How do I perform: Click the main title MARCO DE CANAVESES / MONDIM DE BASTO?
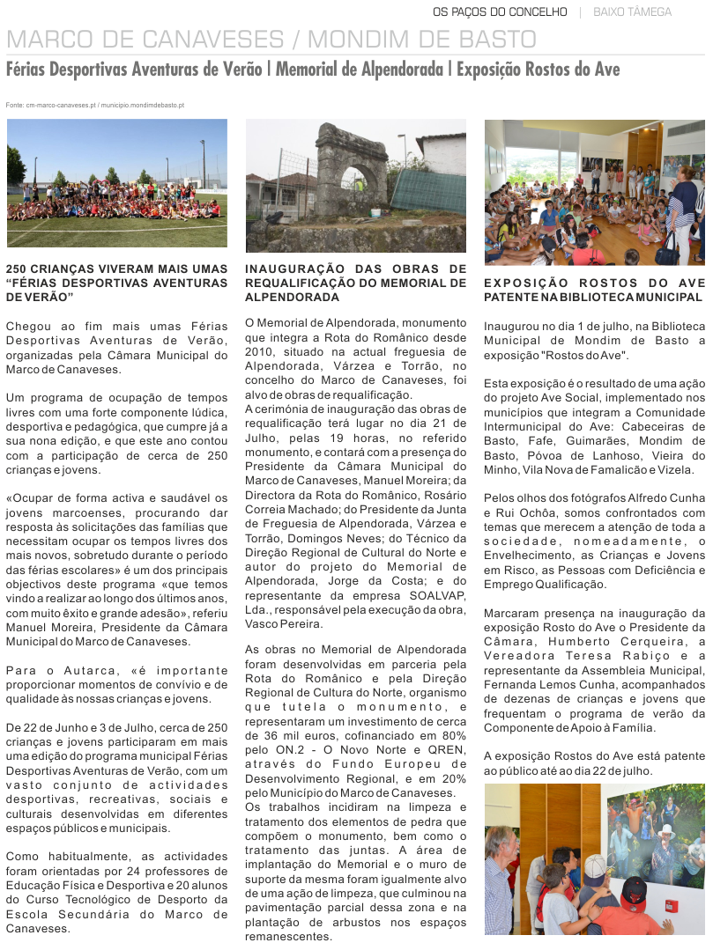pyautogui.click(x=271, y=39)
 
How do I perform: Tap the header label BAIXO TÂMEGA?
pyautogui.click(x=632, y=12)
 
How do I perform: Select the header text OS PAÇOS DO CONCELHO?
pyautogui.click(x=500, y=12)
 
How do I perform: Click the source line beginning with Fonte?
pyautogui.click(x=94, y=105)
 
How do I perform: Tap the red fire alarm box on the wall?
pyautogui.click(x=670, y=906)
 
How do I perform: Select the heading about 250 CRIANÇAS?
pyautogui.click(x=116, y=283)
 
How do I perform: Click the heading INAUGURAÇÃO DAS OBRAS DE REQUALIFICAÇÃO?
pyautogui.click(x=355, y=283)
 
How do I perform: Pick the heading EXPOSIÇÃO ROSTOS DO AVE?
pyautogui.click(x=594, y=290)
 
